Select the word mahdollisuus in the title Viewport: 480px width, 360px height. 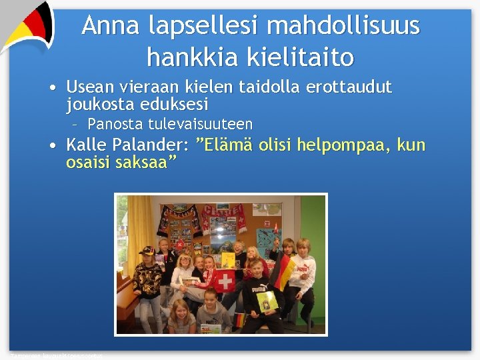tap(343, 26)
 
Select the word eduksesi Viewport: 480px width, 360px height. tap(175, 105)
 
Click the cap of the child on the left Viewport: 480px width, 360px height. tap(147, 250)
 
